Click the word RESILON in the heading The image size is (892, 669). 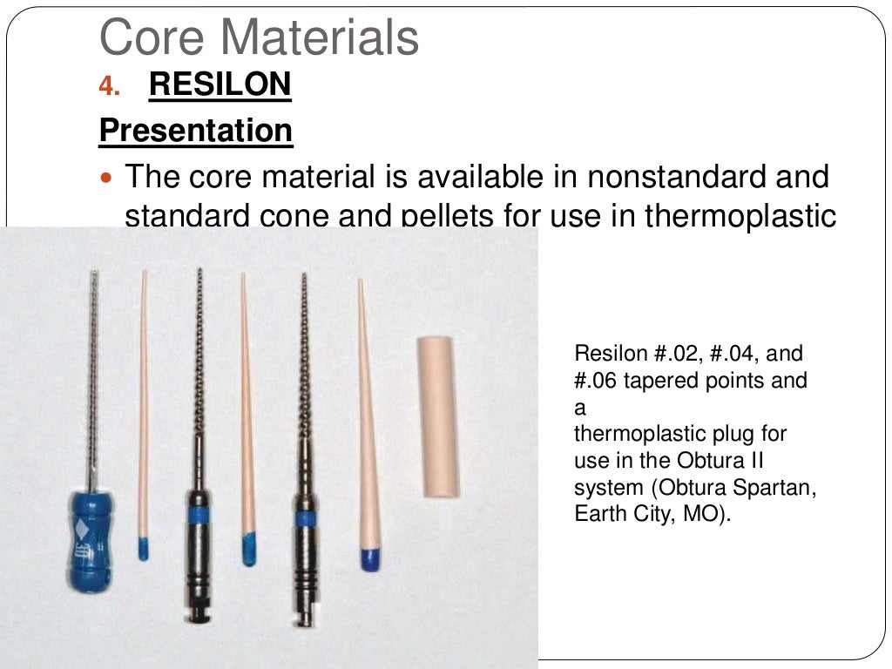pyautogui.click(x=220, y=85)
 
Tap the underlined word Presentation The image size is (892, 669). pyautogui.click(x=195, y=131)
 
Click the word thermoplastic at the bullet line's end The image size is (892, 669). pyautogui.click(x=740, y=216)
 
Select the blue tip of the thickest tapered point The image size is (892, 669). pyautogui.click(x=369, y=557)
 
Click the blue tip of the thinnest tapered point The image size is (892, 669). pyautogui.click(x=143, y=548)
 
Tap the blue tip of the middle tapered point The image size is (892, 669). pyautogui.click(x=248, y=549)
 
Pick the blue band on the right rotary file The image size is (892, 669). pyautogui.click(x=304, y=518)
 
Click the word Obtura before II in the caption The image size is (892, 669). pyautogui.click(x=695, y=460)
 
